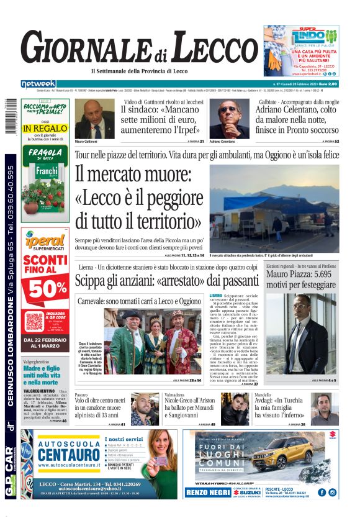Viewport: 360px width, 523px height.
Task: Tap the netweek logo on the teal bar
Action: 38,84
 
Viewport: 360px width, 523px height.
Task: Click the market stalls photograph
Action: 274,208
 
